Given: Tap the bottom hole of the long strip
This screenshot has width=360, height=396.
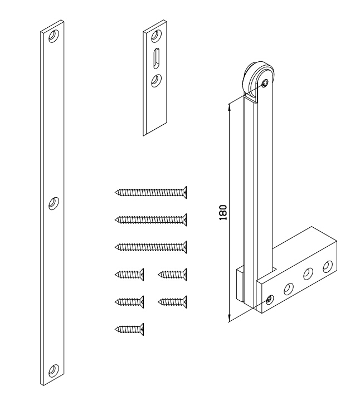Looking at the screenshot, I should point(53,369).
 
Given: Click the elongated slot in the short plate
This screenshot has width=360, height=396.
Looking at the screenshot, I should point(157,58).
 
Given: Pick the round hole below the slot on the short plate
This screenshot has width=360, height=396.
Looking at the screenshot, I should point(157,81).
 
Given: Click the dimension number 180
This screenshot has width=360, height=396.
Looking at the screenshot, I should point(223,212).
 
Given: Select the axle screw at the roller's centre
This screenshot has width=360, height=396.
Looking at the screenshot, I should point(264,84).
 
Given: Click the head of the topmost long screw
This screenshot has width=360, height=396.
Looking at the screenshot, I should point(183,192).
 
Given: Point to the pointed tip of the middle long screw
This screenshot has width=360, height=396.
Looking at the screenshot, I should point(116,219).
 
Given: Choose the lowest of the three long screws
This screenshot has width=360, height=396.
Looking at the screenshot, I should point(150,246).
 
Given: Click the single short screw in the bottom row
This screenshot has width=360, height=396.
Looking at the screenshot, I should point(129,329).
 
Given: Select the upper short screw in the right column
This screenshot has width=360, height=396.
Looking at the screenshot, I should point(172,273).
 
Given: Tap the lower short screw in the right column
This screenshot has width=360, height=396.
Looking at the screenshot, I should point(172,301).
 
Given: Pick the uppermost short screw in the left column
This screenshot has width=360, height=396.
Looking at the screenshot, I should point(129,273).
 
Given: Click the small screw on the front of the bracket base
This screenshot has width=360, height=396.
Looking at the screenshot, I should point(270,300).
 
